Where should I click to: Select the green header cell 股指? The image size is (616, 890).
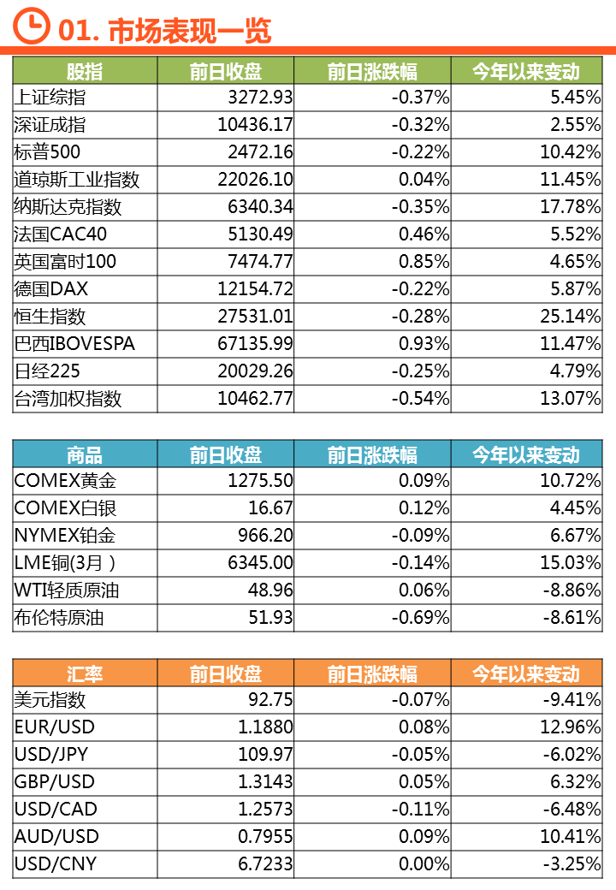(x=85, y=71)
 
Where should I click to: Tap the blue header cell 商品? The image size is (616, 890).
(x=85, y=454)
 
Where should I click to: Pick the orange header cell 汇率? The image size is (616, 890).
(x=85, y=673)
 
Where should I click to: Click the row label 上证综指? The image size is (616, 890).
(x=50, y=98)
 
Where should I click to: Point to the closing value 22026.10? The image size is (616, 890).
(x=255, y=180)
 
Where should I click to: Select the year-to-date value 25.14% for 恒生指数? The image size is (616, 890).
(x=570, y=317)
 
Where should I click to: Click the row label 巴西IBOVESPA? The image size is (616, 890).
(x=74, y=344)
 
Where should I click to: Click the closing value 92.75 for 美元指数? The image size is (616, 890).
(x=270, y=700)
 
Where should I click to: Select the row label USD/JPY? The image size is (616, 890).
(x=51, y=755)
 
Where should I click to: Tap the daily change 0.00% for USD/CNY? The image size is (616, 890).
(x=424, y=864)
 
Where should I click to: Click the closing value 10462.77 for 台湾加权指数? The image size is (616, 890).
(x=255, y=399)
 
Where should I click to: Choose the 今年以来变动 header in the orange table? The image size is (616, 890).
(x=526, y=673)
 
